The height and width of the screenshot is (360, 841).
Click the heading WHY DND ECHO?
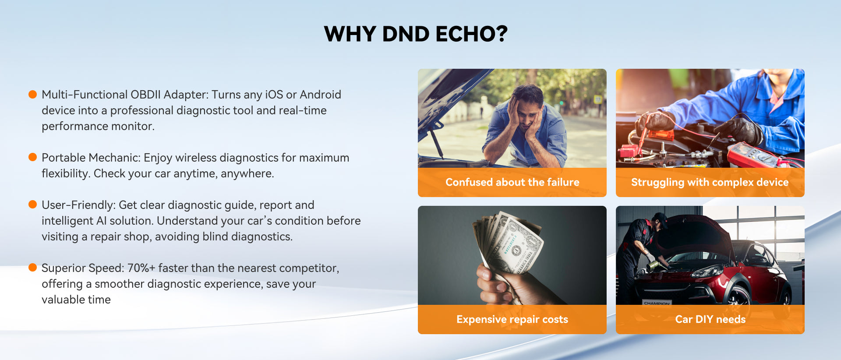(416, 34)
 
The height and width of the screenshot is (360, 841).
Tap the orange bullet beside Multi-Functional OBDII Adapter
(32, 94)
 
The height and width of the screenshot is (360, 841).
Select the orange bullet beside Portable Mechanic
(32, 157)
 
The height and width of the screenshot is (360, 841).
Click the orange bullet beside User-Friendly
(32, 205)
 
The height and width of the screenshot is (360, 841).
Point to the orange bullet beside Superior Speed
(32, 268)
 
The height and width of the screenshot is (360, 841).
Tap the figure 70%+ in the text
(141, 268)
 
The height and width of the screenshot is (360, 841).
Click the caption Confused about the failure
(512, 182)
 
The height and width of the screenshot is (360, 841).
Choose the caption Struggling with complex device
(710, 182)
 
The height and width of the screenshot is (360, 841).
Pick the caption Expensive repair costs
(512, 319)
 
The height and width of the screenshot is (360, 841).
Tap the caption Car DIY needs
(710, 319)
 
